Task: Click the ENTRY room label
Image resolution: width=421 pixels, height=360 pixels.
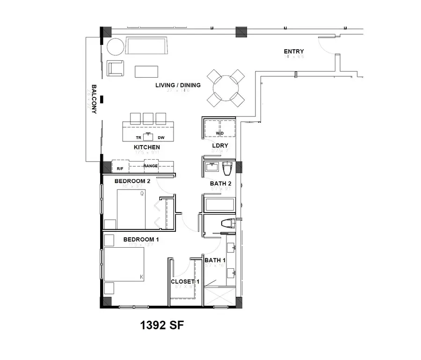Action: point(294,51)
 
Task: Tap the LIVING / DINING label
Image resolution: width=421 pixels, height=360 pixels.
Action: point(178,85)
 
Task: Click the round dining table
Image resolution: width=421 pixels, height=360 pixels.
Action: point(226,88)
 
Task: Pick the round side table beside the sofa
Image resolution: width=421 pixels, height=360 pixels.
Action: point(115,47)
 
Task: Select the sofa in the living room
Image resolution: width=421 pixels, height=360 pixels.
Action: point(146,47)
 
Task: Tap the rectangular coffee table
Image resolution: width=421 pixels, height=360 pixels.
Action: point(146,71)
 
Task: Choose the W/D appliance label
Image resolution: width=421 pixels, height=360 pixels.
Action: point(220,133)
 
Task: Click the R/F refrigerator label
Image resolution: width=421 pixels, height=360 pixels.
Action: point(120,168)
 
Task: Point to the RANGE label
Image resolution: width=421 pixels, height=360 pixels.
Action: point(150,166)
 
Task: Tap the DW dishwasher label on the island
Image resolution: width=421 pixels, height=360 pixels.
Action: point(161,138)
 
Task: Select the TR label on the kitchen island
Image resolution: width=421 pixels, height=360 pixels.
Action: point(138,138)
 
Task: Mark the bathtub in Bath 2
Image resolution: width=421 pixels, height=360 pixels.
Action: point(218,205)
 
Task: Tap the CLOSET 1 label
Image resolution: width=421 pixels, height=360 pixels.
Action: point(185,282)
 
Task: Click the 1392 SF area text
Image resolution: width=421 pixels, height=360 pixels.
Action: point(160,325)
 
